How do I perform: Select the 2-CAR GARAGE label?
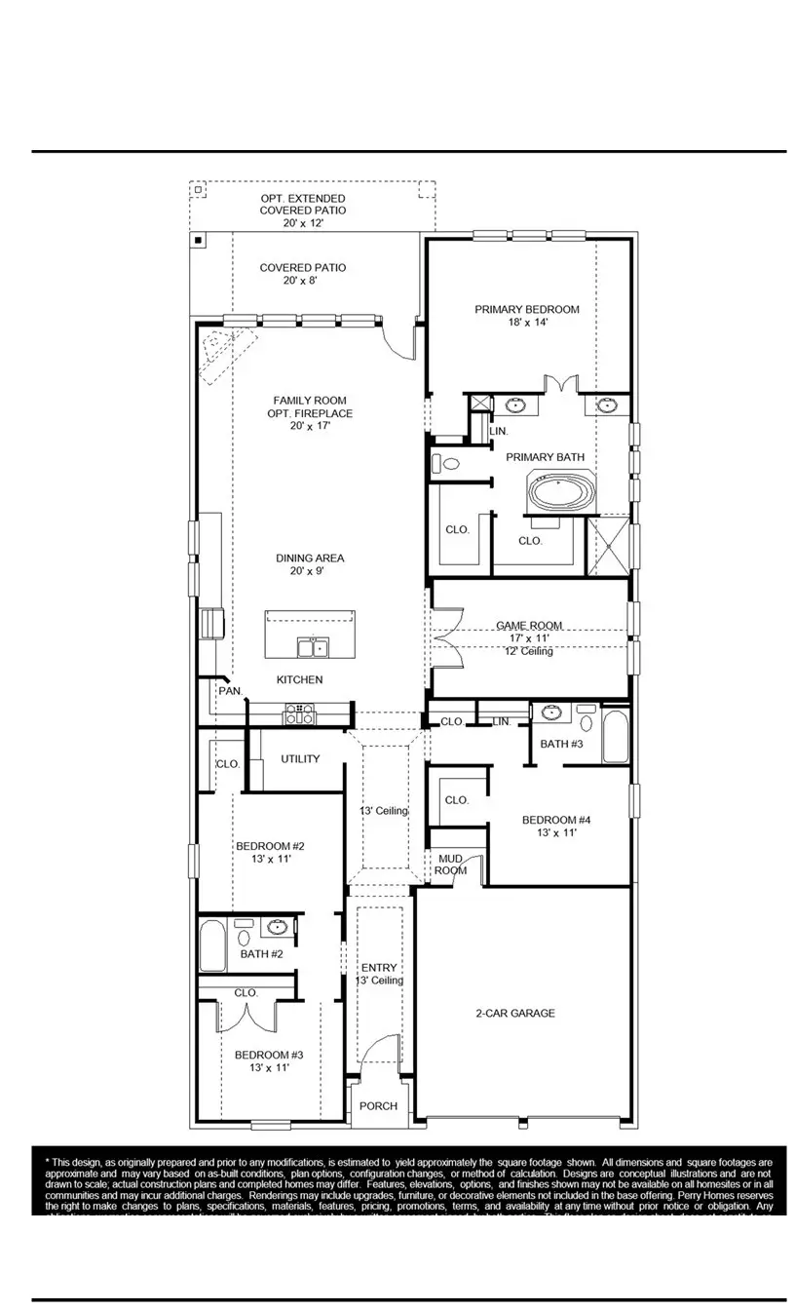tap(514, 1014)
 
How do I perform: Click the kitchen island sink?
tap(314, 647)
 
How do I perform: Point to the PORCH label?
tap(378, 1106)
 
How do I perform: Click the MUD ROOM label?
tap(451, 865)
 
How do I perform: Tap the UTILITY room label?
tap(300, 759)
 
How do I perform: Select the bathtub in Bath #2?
tap(212, 947)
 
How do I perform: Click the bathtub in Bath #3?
tap(616, 737)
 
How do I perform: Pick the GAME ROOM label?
tap(529, 626)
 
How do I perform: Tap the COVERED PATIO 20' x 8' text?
tap(302, 274)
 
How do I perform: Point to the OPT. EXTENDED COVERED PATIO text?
tap(302, 211)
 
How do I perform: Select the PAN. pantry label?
tap(230, 690)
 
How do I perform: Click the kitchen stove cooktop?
tap(299, 714)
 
